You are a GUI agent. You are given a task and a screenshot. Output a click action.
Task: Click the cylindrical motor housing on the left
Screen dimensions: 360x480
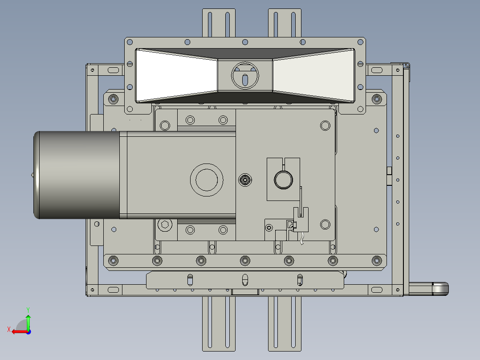[x=76, y=175]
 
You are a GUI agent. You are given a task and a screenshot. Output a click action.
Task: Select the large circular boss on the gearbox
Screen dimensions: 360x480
[x=207, y=180]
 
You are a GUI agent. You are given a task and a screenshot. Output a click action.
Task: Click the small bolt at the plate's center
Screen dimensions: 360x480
[x=244, y=180]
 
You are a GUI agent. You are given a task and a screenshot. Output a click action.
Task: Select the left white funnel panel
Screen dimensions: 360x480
[x=174, y=75]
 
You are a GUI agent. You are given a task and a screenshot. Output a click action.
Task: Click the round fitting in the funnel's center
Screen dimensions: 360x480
[x=244, y=75]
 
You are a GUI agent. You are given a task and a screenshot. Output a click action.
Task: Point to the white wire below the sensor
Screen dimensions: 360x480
[x=302, y=239]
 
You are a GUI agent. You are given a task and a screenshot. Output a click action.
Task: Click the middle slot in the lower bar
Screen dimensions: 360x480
[x=244, y=280]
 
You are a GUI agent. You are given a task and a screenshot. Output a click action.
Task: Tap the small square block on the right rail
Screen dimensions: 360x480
[x=389, y=171]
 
